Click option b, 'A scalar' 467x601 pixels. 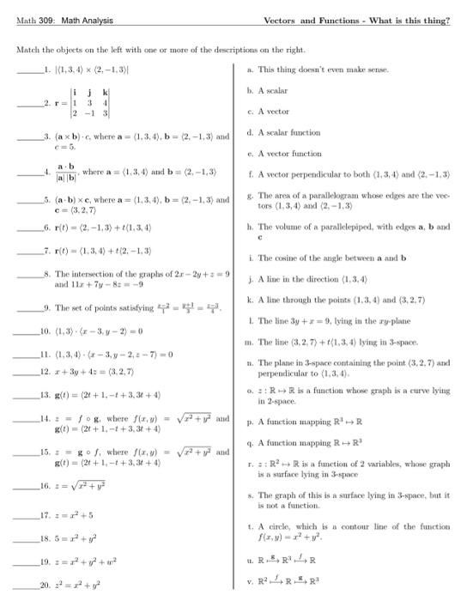(274, 89)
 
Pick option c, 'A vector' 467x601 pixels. (274, 110)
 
